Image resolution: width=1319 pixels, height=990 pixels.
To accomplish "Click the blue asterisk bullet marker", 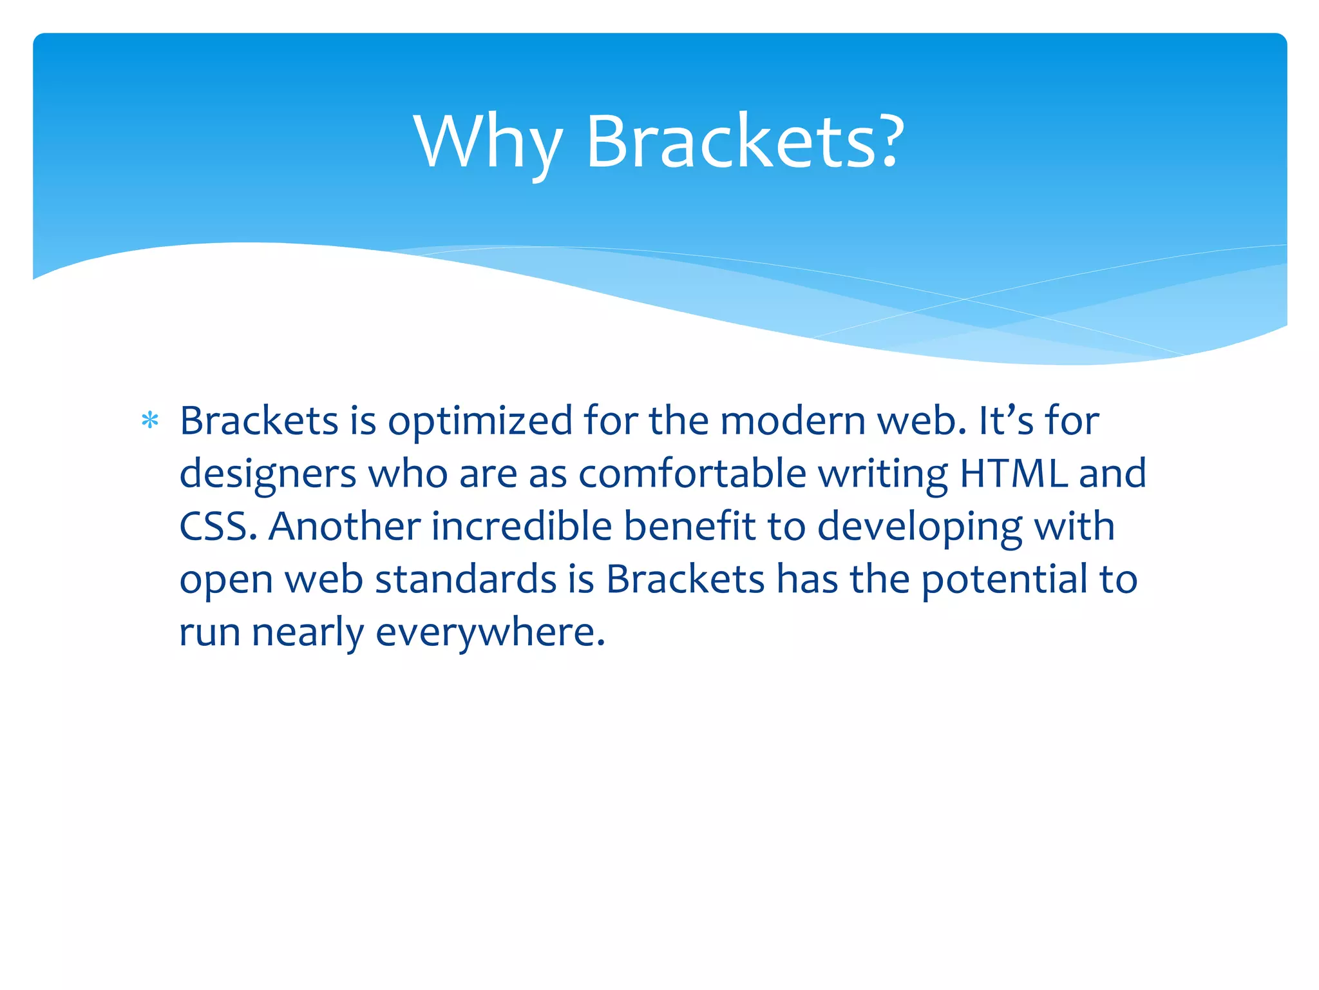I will (x=150, y=421).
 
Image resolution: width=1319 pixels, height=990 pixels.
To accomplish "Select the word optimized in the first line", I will (x=480, y=422).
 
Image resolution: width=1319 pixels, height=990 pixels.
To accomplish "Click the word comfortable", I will (x=692, y=474).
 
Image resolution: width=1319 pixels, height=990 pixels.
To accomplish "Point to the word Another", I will (x=345, y=527).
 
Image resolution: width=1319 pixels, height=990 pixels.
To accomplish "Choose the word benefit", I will (x=689, y=527).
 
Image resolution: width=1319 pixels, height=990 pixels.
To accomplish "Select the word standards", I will (x=465, y=579).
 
